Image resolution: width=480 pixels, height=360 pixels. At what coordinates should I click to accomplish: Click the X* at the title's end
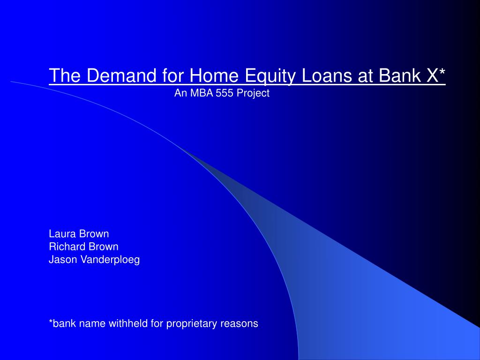(436, 75)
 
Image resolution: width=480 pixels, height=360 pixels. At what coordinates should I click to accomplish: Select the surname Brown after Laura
(94, 233)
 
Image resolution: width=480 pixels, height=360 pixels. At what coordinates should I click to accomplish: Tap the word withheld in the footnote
(128, 323)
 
